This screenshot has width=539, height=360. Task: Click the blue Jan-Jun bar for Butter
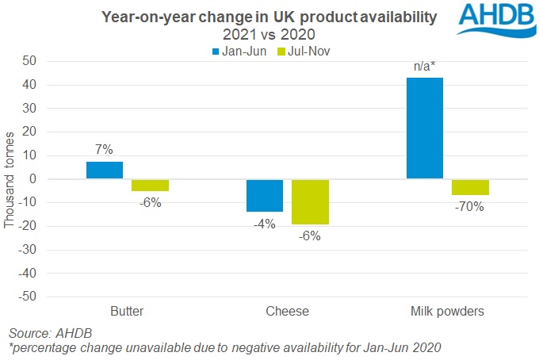click(x=105, y=170)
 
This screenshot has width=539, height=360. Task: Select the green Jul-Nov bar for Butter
click(x=150, y=186)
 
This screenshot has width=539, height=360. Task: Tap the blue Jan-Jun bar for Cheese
click(x=265, y=195)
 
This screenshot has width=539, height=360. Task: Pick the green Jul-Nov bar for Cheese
click(x=310, y=201)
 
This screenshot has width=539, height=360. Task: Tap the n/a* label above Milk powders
click(x=425, y=66)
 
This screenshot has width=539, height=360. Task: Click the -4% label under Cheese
click(x=264, y=224)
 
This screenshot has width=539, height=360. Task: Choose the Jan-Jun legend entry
click(x=237, y=52)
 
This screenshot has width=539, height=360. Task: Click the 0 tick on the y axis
click(x=33, y=179)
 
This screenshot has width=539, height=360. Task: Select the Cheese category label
click(x=287, y=312)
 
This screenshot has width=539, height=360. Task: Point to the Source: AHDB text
click(x=45, y=333)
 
